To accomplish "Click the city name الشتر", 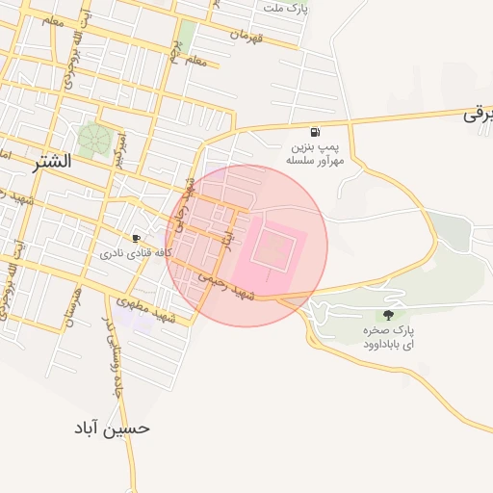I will pos(51,161).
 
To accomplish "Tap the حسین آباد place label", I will pos(112,428).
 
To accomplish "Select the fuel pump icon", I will pos(315,132).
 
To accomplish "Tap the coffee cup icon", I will pos(137,238).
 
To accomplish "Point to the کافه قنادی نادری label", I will pos(136,254).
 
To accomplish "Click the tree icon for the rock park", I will pos(389,314).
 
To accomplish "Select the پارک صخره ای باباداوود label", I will pos(389,337).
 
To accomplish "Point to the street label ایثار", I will pos(228,235).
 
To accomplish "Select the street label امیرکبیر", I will pos(120,143).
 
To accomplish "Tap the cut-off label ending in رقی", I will pos(480,115).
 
